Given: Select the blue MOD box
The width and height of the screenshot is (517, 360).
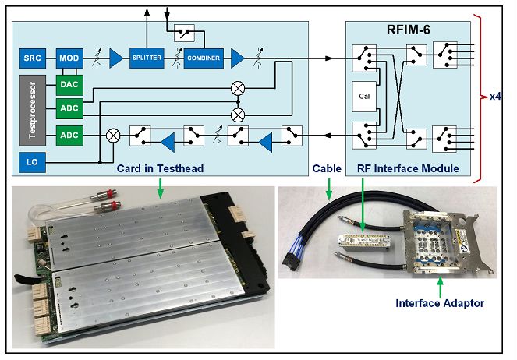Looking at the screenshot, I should pyautogui.click(x=68, y=58).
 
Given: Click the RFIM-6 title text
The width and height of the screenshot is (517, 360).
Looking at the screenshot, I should pyautogui.click(x=409, y=32).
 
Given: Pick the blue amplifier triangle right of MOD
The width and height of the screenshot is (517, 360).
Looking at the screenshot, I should pyautogui.click(x=116, y=58).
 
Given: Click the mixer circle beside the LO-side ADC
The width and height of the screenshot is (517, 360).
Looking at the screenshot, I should pyautogui.click(x=112, y=136).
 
